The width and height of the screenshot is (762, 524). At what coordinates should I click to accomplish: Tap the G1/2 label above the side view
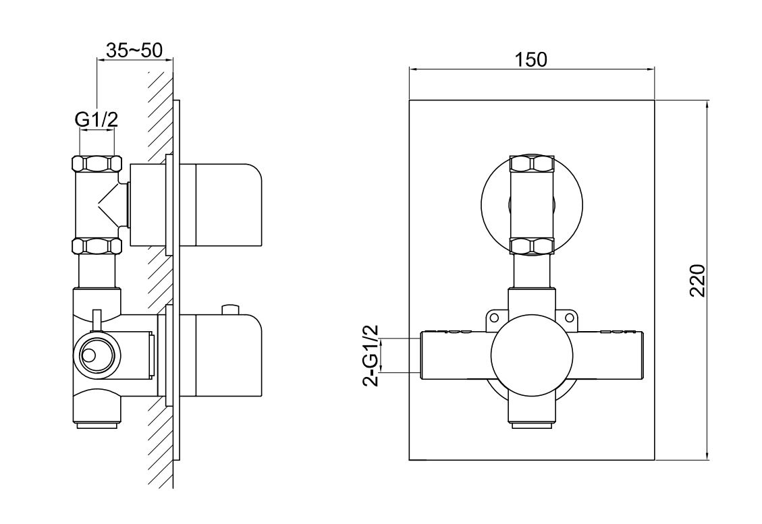click(x=97, y=119)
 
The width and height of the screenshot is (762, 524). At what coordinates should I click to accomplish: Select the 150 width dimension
click(x=530, y=60)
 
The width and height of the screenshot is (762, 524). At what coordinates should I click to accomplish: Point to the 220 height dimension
click(x=697, y=281)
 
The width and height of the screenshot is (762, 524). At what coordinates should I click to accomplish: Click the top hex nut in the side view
click(x=97, y=163)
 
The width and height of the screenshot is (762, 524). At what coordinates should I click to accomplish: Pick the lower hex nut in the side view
click(x=97, y=245)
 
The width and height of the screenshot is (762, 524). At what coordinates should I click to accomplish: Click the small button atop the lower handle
click(x=230, y=310)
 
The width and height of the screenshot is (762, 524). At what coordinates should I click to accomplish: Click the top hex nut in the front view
click(x=532, y=163)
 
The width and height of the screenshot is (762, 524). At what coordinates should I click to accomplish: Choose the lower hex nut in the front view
click(x=532, y=245)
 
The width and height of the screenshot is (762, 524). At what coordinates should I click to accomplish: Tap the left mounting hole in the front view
click(x=494, y=318)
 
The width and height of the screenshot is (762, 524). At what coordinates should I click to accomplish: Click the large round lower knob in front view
click(x=532, y=355)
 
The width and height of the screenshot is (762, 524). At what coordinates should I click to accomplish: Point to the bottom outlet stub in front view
click(x=532, y=426)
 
